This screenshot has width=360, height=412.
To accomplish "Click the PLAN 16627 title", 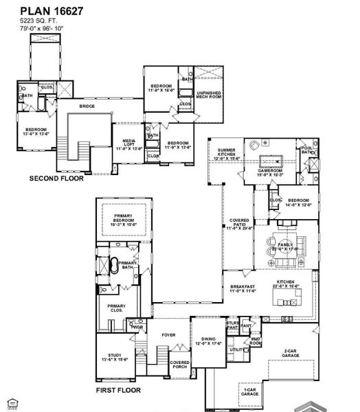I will [x=49, y=11].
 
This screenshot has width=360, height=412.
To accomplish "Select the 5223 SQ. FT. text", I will [x=38, y=21].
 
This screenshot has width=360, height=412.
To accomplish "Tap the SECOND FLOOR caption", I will [x=56, y=178].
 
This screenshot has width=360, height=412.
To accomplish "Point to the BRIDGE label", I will [x=87, y=106].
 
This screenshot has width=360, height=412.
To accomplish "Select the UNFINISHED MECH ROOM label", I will [x=209, y=94].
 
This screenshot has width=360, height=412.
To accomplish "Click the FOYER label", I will [x=168, y=336].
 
